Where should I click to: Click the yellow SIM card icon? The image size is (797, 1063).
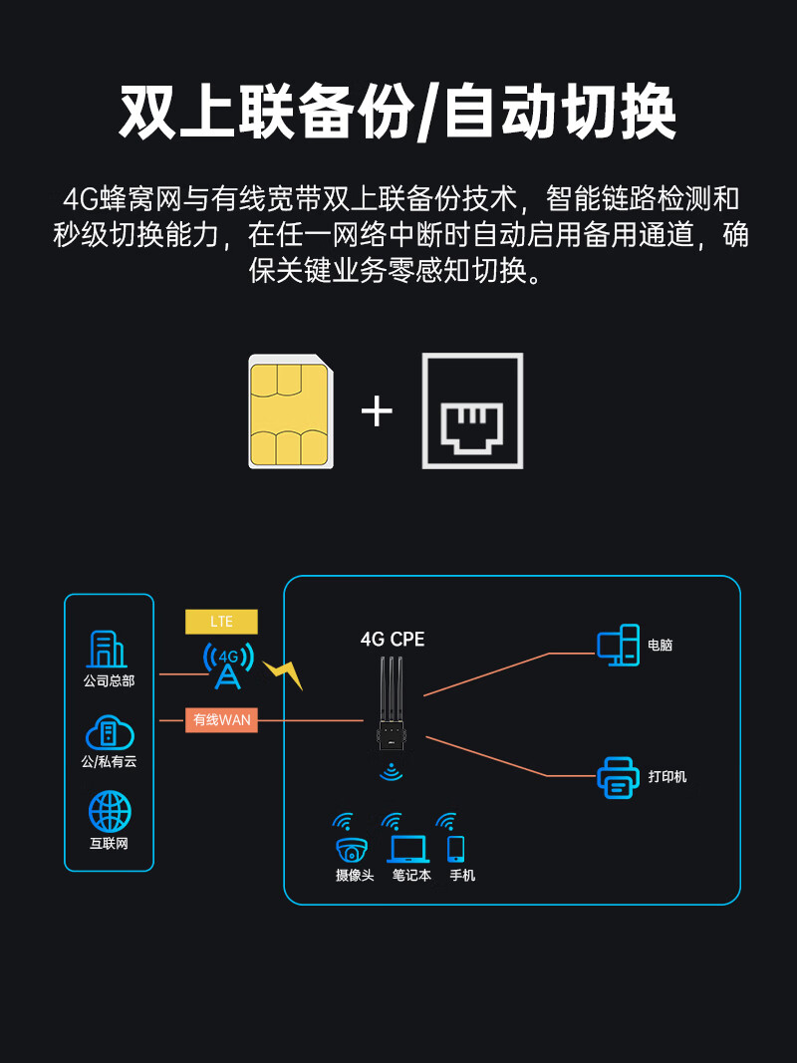point(290,410)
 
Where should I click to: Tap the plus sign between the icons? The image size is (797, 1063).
point(377,410)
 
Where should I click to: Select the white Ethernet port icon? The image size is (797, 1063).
point(472,410)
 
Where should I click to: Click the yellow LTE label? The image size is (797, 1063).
point(221,622)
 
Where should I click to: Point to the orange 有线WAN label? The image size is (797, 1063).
point(221,719)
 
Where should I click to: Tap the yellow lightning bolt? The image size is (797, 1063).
point(283,674)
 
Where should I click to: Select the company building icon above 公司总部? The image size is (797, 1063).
point(108,649)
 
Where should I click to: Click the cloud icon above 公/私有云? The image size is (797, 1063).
point(109,734)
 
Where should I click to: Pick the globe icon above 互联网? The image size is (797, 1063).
point(109,811)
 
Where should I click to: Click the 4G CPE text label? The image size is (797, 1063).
point(393,640)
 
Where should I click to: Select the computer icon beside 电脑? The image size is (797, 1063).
point(618,646)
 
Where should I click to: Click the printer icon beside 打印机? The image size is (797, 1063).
point(618,777)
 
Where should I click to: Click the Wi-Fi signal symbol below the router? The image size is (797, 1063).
point(392,772)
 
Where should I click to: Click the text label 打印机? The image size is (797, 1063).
point(667,777)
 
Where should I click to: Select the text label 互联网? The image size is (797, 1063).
point(109,844)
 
